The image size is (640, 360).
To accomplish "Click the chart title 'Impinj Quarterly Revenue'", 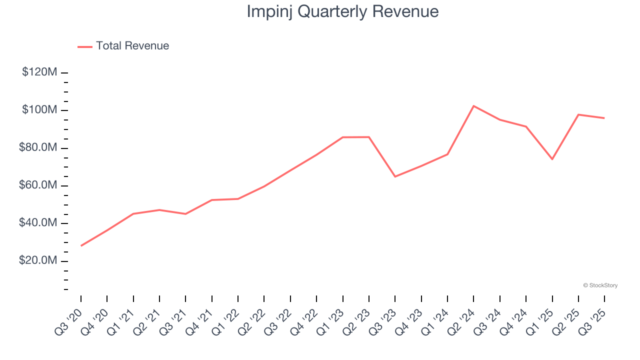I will [342, 11].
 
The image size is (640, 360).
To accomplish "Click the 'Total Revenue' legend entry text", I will [132, 46].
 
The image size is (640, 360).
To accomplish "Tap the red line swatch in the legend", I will [85, 46].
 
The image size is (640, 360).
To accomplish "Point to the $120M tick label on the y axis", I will [39, 72].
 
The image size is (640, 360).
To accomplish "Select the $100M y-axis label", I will [39, 110].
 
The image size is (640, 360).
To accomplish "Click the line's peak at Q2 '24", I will [473, 106].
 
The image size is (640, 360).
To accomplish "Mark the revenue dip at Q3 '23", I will [395, 176].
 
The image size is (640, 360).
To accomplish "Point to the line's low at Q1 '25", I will [552, 159].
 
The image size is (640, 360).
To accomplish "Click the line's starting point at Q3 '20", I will [81, 245].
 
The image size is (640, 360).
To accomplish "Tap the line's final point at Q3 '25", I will [604, 118].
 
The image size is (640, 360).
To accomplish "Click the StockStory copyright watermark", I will [600, 285].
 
